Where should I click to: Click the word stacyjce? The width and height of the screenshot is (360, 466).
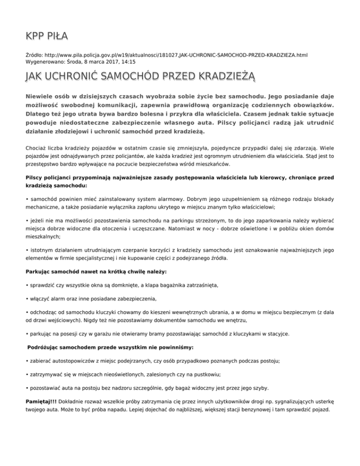tap(277, 334)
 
